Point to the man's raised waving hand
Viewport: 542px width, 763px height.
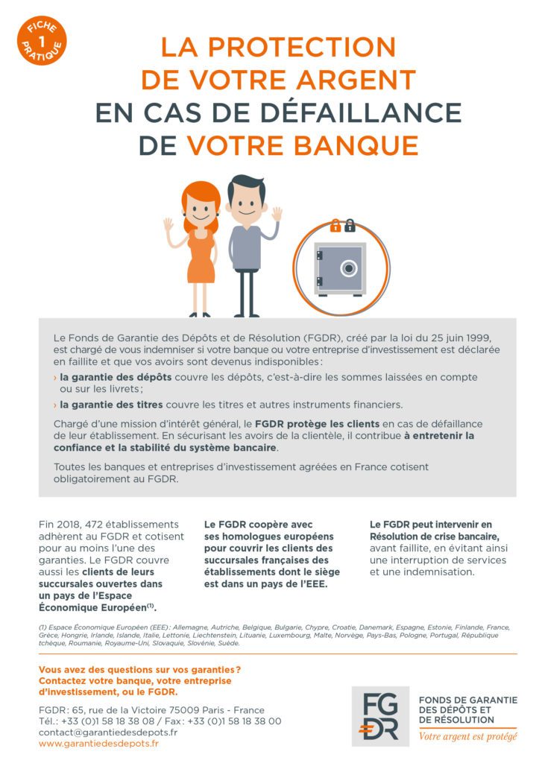277,214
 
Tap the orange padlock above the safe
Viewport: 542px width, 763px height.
335,225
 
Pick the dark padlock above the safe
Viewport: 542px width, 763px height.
349,225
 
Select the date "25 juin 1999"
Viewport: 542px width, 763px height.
476,337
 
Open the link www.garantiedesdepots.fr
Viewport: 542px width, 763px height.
98,743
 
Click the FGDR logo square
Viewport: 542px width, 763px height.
380,715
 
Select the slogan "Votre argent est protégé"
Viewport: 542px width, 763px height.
467,736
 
